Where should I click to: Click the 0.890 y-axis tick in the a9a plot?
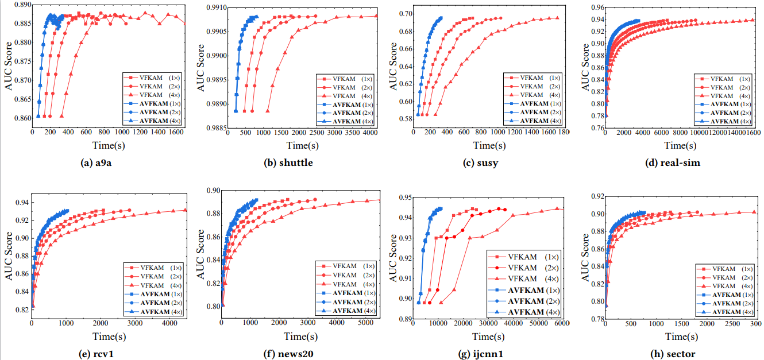[x=22, y=4]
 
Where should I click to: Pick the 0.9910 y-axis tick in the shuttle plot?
[x=212, y=8]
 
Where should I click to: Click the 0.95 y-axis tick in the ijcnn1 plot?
[x=404, y=198]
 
